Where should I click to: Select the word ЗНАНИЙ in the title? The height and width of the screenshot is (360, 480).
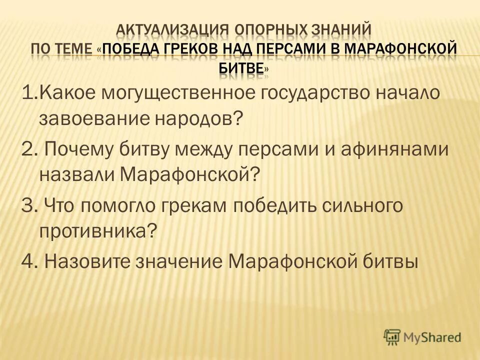pos(343,29)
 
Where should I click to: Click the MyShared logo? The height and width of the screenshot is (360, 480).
pos(422,337)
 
